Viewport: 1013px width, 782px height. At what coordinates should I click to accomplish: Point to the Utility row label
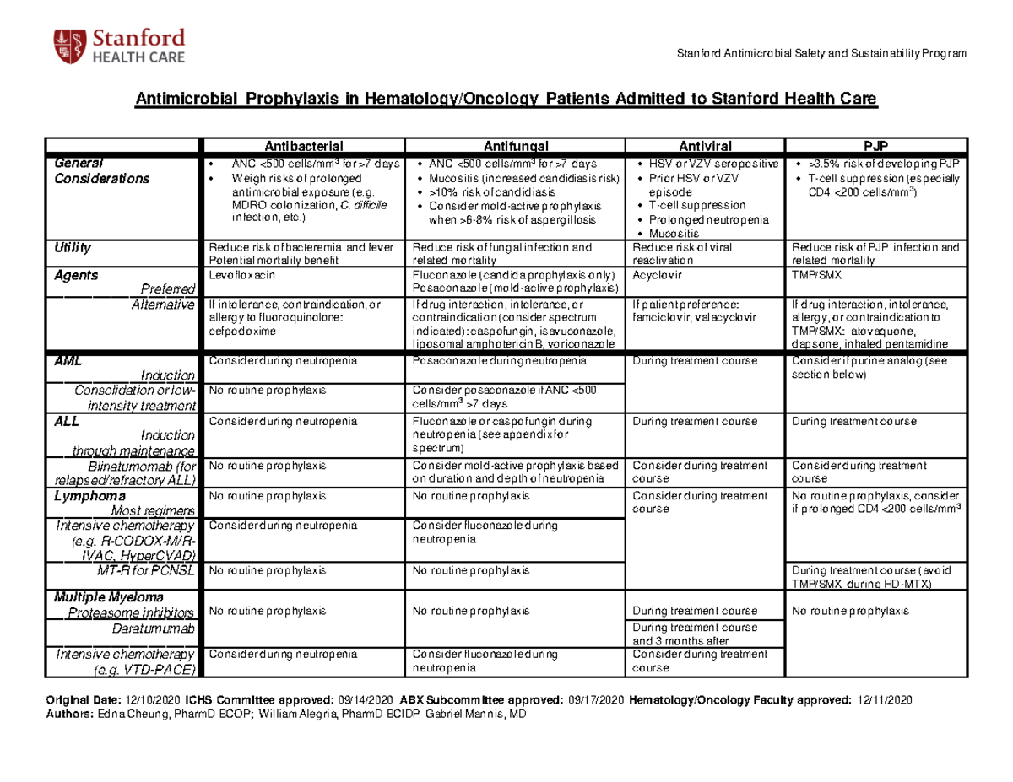(x=73, y=248)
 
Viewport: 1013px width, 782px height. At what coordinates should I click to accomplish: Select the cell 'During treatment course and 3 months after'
(x=694, y=634)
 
